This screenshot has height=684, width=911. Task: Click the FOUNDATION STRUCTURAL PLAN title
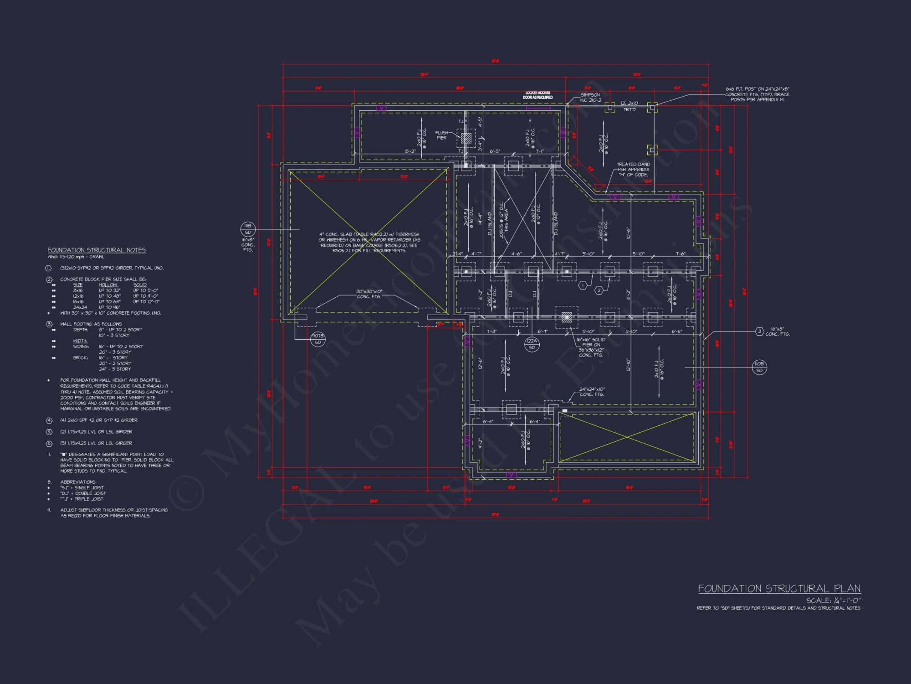point(779,589)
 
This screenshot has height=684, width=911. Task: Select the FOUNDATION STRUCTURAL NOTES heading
point(97,250)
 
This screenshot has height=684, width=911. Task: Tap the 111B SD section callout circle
point(248,229)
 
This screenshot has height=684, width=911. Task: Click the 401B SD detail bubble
point(317,339)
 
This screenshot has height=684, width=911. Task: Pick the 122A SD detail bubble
point(532,344)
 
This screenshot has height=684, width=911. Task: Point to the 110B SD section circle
point(759,367)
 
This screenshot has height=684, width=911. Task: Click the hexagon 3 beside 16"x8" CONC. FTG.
point(759,332)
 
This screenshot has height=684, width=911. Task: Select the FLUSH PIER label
point(441,135)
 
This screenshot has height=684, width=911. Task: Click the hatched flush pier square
point(466,137)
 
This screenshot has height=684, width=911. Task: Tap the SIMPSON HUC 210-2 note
point(590,97)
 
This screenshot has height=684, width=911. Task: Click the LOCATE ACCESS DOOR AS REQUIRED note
point(537,95)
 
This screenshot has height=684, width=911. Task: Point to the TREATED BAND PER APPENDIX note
point(633,169)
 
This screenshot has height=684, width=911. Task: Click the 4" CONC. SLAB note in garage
point(369,242)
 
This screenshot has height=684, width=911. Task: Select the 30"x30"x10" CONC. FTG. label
point(369,294)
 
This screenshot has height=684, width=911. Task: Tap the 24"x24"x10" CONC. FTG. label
point(592,392)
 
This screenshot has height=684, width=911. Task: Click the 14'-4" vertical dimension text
point(479,219)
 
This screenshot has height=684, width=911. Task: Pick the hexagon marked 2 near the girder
point(599,290)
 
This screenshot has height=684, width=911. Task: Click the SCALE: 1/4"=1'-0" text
point(833,600)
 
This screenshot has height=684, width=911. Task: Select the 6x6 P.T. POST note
point(757,94)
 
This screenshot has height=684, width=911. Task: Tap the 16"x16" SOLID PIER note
point(591,347)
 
